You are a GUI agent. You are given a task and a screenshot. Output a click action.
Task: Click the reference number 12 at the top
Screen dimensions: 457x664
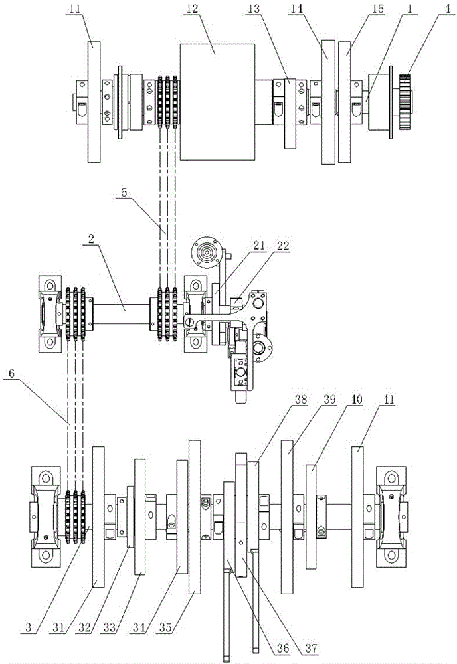(192, 8)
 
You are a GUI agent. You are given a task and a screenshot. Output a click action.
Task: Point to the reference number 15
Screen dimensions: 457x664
(375, 8)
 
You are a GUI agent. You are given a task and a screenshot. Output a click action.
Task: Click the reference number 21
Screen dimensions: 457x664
(259, 246)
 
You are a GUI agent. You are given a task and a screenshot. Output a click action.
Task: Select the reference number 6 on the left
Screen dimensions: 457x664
(11, 373)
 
